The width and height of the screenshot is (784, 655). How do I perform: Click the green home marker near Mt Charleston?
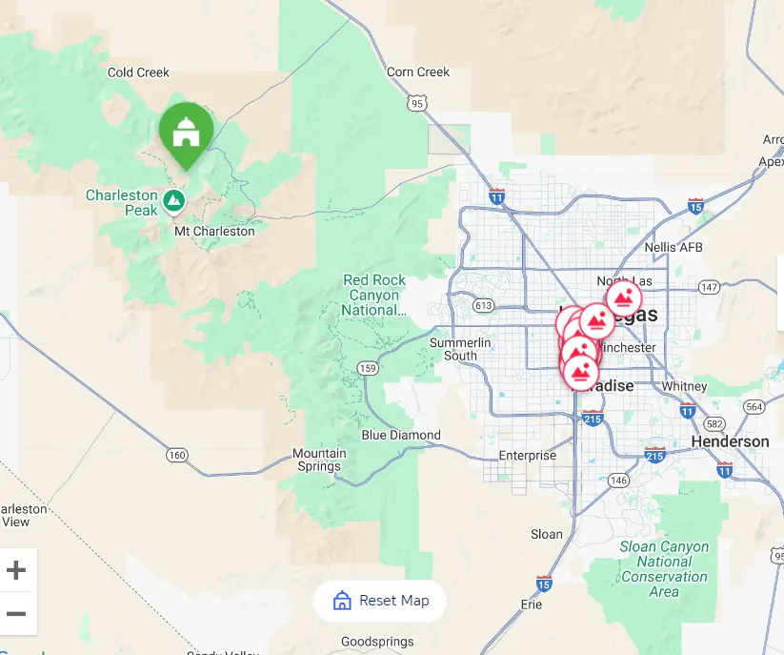[186, 133]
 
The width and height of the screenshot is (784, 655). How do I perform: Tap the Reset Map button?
[380, 601]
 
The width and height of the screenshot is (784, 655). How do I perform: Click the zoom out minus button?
[16, 613]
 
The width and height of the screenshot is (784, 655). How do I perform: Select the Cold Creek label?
[138, 72]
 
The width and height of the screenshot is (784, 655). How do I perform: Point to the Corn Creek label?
[418, 72]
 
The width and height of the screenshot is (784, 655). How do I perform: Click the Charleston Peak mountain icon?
[172, 200]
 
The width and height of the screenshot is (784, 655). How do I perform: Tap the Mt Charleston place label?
[214, 231]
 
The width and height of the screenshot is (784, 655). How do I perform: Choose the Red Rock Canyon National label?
[374, 295]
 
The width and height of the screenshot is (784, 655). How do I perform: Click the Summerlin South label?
[460, 349]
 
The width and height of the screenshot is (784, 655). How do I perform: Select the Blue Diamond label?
[401, 435]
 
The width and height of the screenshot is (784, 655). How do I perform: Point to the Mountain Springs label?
[319, 460]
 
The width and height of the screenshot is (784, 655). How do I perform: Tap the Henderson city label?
[730, 441]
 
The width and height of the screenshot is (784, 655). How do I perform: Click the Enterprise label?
[527, 456]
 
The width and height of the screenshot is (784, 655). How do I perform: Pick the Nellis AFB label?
[673, 248]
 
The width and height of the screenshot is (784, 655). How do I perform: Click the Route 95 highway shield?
[415, 102]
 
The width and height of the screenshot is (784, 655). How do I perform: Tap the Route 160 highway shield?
[176, 455]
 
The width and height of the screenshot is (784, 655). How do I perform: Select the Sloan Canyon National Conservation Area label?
[664, 569]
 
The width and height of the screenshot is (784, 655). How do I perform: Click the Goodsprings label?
[377, 642]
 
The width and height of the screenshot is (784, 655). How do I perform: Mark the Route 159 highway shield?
[368, 368]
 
